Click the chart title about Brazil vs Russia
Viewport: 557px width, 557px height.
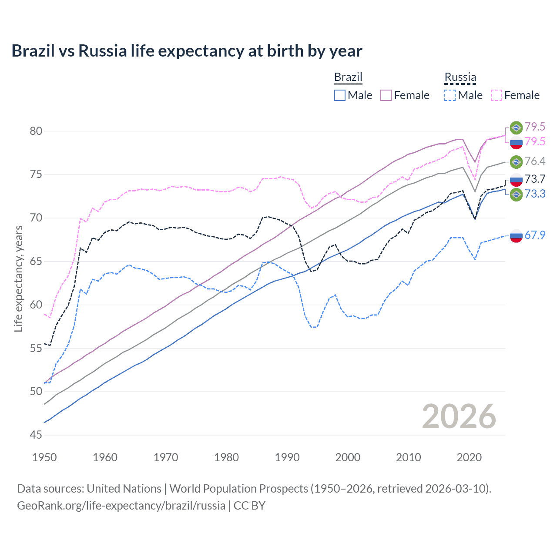[x=187, y=51]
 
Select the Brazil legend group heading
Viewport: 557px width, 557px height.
[x=348, y=77]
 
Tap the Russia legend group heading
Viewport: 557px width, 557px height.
[x=460, y=77]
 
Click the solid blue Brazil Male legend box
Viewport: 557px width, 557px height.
[x=340, y=95]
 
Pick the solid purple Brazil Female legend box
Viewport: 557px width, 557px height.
[x=386, y=95]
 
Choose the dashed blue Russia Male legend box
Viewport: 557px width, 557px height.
[x=450, y=95]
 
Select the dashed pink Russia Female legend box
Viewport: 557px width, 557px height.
[x=497, y=95]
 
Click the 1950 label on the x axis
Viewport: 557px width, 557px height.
[x=44, y=457]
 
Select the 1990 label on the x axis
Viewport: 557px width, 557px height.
[x=287, y=457]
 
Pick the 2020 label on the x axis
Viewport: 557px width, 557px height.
[x=469, y=457]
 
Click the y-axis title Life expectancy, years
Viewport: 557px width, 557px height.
[x=18, y=278]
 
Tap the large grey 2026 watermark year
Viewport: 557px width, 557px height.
[x=459, y=416]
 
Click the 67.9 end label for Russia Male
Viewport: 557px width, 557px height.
[x=535, y=235]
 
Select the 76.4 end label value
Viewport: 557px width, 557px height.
[x=535, y=161]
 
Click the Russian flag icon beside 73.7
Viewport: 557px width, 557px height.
[x=516, y=180]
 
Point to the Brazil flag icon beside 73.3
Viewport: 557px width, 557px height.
[x=516, y=194]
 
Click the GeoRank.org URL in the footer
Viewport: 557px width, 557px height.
[x=121, y=506]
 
